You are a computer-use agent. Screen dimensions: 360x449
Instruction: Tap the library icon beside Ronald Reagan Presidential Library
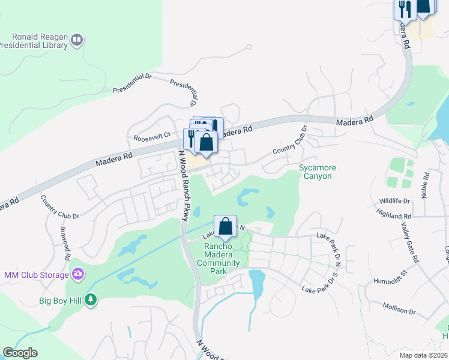(x=76, y=40)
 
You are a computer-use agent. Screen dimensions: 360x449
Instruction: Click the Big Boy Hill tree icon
(x=91, y=299)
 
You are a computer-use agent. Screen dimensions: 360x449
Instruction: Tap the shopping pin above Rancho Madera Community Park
(x=225, y=227)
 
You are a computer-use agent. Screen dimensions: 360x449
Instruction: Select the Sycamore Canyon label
(x=318, y=172)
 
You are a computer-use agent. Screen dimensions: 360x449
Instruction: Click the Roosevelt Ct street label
(x=152, y=136)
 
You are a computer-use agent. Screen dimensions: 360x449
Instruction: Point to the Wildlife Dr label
(x=394, y=201)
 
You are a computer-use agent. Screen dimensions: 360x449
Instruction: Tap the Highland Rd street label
(x=394, y=212)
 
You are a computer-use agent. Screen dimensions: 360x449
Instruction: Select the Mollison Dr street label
(x=399, y=308)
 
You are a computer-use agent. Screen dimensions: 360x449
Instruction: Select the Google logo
(x=20, y=353)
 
